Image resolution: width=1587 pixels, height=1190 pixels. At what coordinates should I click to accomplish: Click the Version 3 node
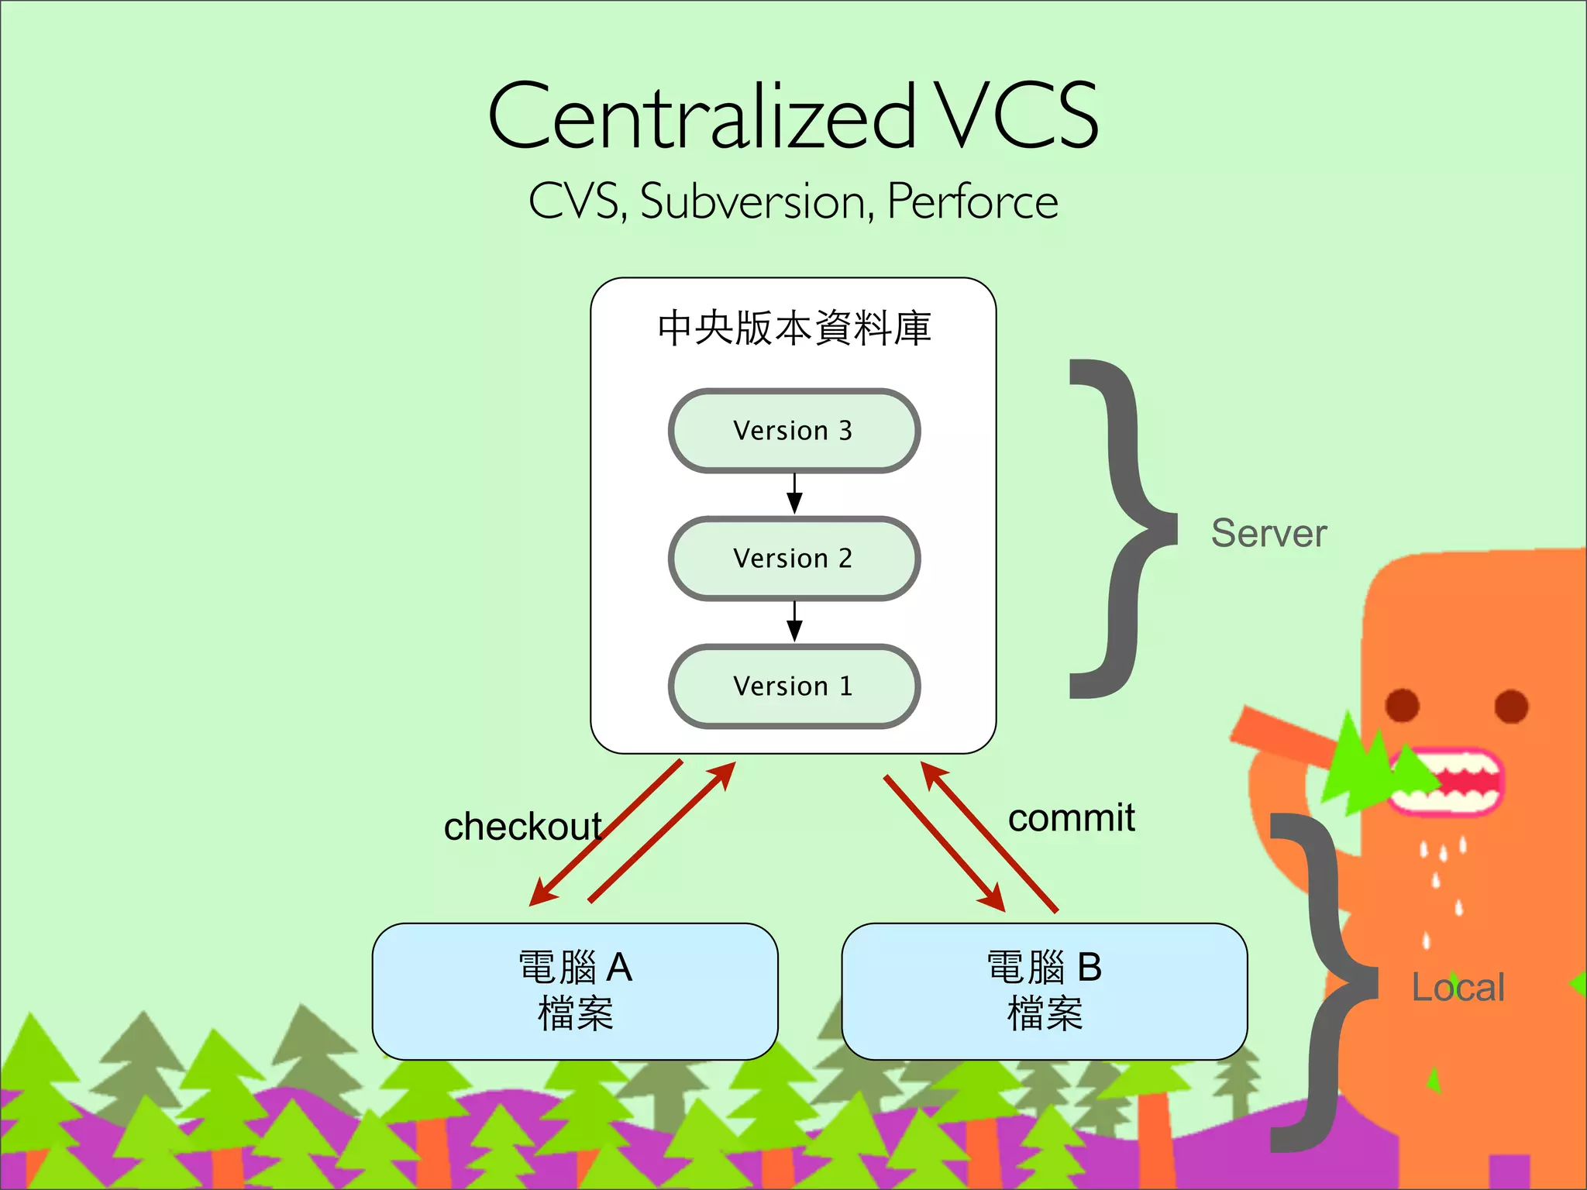click(x=793, y=431)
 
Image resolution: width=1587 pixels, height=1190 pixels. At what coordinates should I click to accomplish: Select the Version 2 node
click(x=793, y=559)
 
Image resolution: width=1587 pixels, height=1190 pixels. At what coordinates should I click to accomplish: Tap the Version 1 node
click(x=793, y=686)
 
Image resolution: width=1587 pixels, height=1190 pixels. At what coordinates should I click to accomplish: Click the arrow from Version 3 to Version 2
click(x=794, y=494)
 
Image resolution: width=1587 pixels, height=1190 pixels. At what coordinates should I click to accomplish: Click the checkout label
click(x=522, y=827)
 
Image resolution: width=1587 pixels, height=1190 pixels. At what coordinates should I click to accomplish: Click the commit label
click(x=1071, y=818)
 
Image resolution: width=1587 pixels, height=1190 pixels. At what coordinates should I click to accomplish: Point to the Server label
click(x=1269, y=534)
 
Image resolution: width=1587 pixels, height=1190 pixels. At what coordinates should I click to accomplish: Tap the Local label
click(x=1458, y=988)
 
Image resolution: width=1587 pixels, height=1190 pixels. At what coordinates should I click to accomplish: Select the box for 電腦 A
click(x=575, y=991)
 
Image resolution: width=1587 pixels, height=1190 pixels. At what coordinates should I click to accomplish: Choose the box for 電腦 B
click(x=1044, y=991)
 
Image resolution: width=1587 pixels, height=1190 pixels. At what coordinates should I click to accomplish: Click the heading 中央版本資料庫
click(x=793, y=328)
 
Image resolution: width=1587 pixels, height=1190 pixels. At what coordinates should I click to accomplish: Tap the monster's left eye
click(x=1402, y=705)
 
